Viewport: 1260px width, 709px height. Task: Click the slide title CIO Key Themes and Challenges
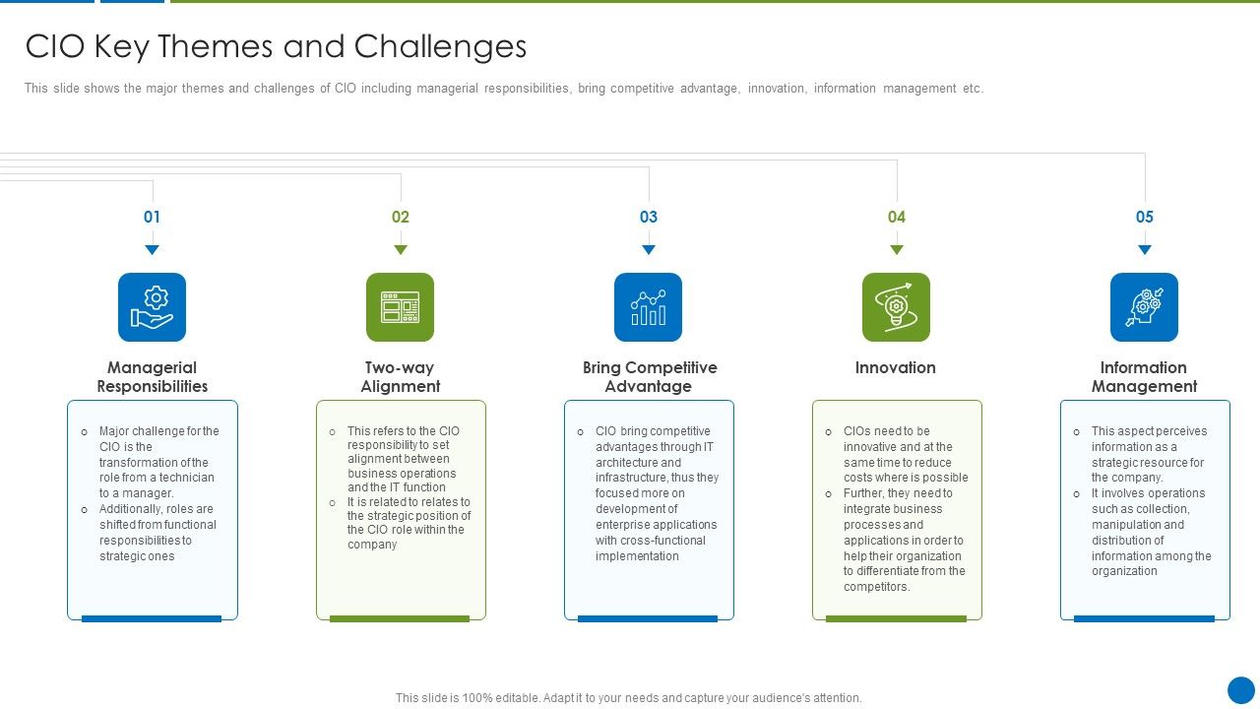(x=276, y=46)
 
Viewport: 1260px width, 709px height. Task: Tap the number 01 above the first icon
(x=152, y=217)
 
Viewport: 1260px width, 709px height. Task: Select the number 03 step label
(x=648, y=217)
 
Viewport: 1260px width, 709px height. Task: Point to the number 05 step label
(x=1144, y=217)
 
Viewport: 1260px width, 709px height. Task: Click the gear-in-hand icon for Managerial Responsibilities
(x=152, y=307)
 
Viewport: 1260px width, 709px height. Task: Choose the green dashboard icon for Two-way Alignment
(x=400, y=307)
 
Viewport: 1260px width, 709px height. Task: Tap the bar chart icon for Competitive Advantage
(x=648, y=307)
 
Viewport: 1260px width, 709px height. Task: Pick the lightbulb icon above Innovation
(x=896, y=307)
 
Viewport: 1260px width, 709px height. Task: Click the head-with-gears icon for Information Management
(x=1144, y=307)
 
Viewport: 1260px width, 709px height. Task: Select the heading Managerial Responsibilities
(x=152, y=376)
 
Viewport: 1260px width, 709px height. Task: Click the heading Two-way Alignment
(x=400, y=376)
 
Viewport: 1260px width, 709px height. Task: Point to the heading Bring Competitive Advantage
(x=649, y=376)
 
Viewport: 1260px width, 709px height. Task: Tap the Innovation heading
(x=895, y=367)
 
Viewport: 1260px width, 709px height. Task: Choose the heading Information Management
(x=1144, y=376)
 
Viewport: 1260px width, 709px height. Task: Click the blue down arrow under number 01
(x=152, y=250)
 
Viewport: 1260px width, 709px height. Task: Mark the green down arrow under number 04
(x=896, y=250)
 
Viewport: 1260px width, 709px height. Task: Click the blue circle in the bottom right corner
(x=1241, y=690)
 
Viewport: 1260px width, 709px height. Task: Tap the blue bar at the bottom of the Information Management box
(x=1144, y=618)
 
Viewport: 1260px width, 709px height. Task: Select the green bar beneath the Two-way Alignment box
(x=400, y=618)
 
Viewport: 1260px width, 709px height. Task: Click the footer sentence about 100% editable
(x=628, y=698)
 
